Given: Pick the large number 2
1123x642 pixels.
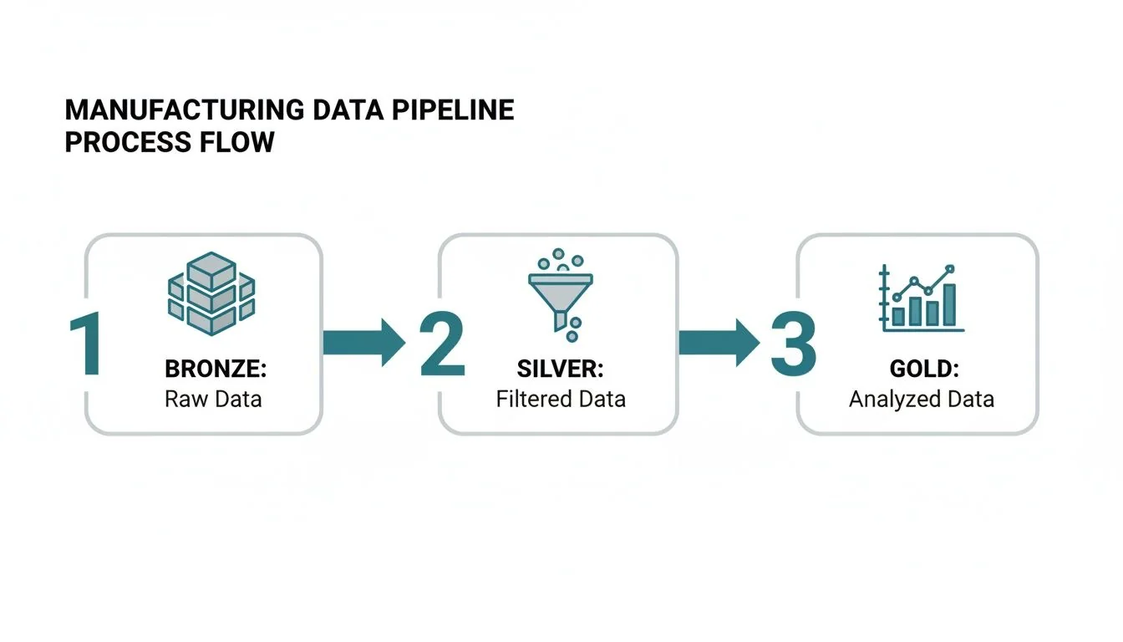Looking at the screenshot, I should coord(441,344).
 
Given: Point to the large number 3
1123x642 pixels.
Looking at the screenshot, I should coord(792,344).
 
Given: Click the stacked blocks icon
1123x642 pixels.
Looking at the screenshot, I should coord(211,293).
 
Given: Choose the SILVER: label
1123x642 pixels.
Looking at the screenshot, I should coord(560,369).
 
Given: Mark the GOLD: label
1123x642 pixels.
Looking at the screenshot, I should coord(921,369).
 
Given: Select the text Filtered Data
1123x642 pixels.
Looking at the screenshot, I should coord(560,399).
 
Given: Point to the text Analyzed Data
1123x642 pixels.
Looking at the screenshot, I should coord(921,399).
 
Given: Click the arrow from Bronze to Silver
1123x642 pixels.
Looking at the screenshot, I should coord(363,341).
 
